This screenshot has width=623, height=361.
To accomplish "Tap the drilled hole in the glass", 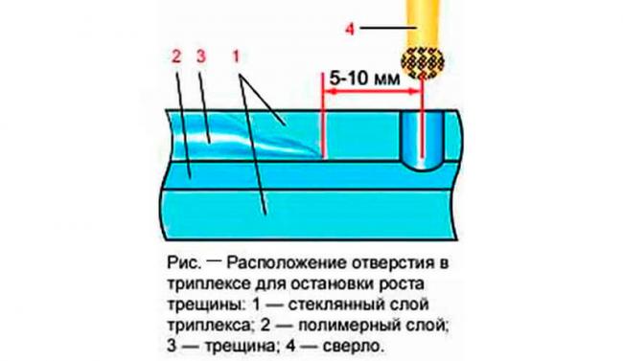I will click(419, 139).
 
